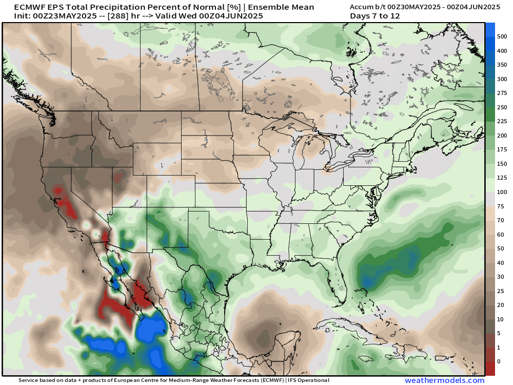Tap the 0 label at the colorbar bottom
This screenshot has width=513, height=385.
click(x=499, y=362)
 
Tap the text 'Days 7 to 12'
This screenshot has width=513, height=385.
click(x=374, y=16)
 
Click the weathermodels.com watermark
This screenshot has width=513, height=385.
click(x=444, y=380)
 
